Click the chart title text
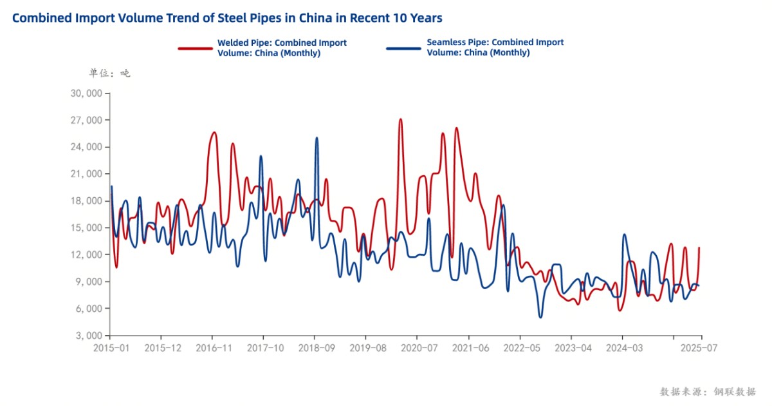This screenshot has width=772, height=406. click(x=226, y=18)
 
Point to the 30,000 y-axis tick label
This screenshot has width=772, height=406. click(x=85, y=93)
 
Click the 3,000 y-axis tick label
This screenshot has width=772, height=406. click(x=87, y=336)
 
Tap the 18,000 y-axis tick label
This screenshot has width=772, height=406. click(x=85, y=201)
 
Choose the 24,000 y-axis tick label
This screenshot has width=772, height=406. click(x=85, y=147)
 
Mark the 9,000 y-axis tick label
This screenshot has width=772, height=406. click(x=87, y=282)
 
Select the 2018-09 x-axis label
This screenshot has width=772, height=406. click(x=315, y=348)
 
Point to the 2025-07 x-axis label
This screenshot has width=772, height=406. click(x=700, y=348)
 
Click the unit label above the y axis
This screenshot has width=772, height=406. click(x=109, y=73)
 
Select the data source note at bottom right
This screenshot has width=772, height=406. click(x=708, y=391)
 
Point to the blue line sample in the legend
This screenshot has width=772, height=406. click(x=403, y=48)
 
